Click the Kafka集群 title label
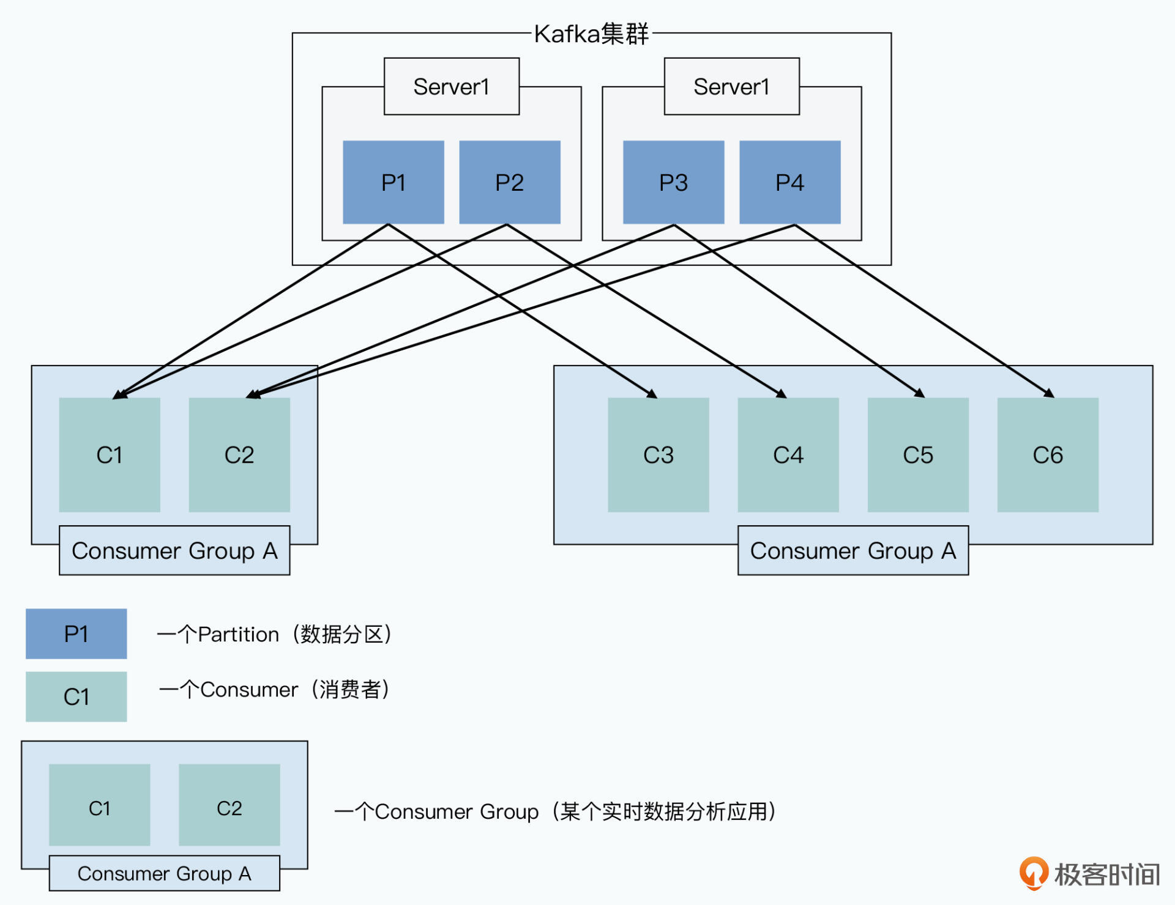click(591, 34)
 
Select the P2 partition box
click(509, 182)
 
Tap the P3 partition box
click(673, 182)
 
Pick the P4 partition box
click(789, 182)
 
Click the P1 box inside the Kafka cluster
click(393, 182)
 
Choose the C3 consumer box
click(658, 455)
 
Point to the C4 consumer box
click(788, 455)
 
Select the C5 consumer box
click(917, 455)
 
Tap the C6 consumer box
click(1047, 455)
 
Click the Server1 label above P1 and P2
click(451, 87)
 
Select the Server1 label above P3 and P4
click(731, 87)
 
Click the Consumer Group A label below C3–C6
click(852, 551)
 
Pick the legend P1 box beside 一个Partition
click(76, 634)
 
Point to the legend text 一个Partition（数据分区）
click(274, 635)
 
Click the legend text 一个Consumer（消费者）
click(274, 690)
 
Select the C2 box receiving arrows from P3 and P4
click(239, 455)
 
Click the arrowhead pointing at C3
click(653, 394)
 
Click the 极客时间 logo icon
click(1034, 873)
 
